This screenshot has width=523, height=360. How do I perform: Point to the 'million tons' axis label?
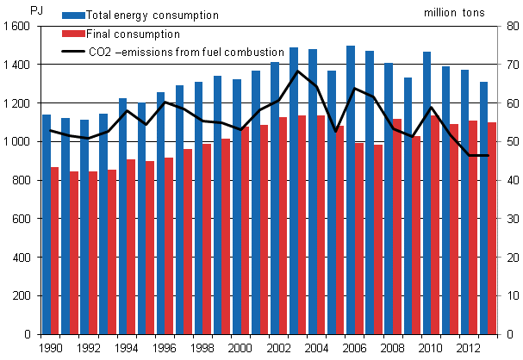pyautogui.click(x=454, y=14)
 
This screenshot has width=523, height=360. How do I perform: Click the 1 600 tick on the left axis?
pyautogui.click(x=16, y=27)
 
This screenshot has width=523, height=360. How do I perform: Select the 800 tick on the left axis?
pyautogui.click(x=21, y=181)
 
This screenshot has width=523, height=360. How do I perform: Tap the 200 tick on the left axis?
pyautogui.click(x=21, y=296)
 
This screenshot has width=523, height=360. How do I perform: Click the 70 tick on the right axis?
pyautogui.click(x=509, y=65)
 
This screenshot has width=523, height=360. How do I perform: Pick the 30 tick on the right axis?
pyautogui.click(x=509, y=220)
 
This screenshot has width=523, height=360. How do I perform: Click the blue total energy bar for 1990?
pyautogui.click(x=46, y=224)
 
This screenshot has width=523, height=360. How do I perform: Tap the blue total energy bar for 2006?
pyautogui.click(x=351, y=189)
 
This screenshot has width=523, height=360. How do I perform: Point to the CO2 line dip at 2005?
pyautogui.click(x=336, y=131)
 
